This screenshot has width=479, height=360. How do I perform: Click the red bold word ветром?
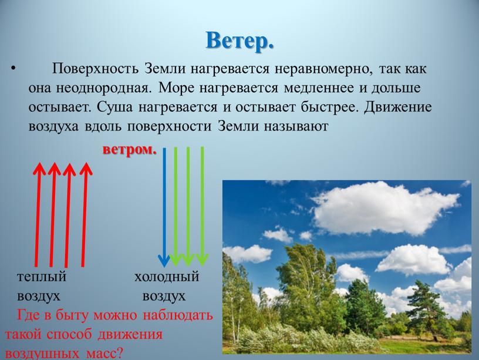[130, 150]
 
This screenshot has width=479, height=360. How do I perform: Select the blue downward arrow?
[164, 207]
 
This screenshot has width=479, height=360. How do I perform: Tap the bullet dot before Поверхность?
[12, 68]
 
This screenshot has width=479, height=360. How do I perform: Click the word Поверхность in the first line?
[95, 69]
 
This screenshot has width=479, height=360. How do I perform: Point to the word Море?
[177, 88]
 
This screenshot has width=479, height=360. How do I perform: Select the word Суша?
[116, 107]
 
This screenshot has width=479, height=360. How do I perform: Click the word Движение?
[398, 107]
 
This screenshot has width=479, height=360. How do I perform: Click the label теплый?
[42, 277]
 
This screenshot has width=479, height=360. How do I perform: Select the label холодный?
[167, 277]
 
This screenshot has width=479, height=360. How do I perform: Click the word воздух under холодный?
[164, 297]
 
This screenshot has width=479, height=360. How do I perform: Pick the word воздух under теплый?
[39, 297]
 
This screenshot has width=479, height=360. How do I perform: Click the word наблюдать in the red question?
[178, 315]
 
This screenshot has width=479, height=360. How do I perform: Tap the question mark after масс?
[119, 354]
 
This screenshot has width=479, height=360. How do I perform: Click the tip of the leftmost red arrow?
[39, 163]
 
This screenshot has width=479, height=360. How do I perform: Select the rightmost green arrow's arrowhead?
[202, 260]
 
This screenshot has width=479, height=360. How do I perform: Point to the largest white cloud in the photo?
[385, 208]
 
